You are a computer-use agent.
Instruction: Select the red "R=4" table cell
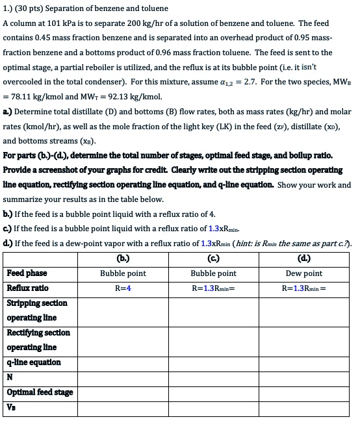123,288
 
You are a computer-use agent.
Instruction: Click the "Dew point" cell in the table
303,273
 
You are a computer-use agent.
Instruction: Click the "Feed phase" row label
27,273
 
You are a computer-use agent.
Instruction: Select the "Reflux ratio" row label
28,288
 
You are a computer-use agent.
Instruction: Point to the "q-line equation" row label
34,362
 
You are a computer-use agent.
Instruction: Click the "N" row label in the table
10,377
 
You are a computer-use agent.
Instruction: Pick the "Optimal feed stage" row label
40,392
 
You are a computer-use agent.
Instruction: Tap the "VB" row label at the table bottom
11,407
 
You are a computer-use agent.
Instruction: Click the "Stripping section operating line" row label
37,310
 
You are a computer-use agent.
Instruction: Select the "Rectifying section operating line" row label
38,340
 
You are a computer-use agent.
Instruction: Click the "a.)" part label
8,111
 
